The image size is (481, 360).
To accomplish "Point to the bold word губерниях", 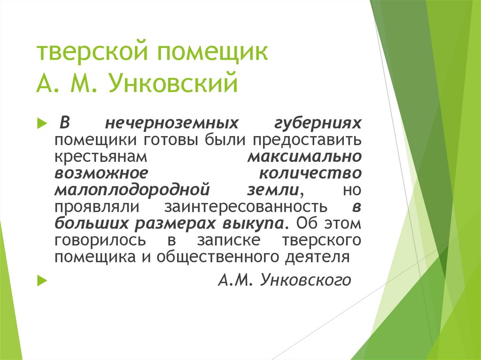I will pyautogui.click(x=318, y=123).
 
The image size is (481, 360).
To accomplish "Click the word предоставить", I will pyautogui.click(x=307, y=140).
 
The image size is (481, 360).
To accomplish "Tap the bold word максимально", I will pyautogui.click(x=305, y=156).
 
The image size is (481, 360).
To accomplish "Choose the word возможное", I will pyautogui.click(x=101, y=173).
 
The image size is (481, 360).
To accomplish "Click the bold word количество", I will pyautogui.click(x=310, y=173).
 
